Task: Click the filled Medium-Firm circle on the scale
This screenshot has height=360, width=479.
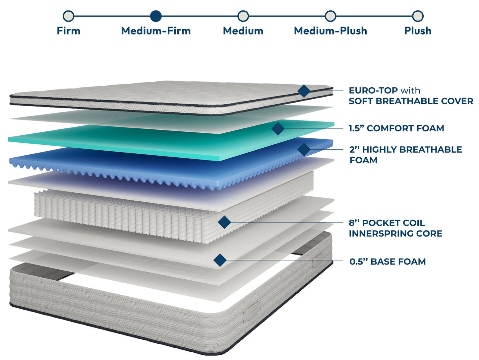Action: coord(156,16)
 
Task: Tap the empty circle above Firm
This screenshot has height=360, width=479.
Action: coord(68,16)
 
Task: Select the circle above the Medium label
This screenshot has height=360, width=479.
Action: coord(243,16)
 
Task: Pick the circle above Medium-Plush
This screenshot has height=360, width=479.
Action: coord(330,16)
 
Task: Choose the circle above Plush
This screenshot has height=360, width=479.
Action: coord(418,16)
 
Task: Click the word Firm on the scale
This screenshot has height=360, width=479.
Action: coord(68,31)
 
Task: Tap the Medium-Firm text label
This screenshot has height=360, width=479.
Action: coord(156,31)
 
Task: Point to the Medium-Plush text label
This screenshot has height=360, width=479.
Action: coord(330,31)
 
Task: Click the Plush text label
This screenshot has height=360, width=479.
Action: coord(418,31)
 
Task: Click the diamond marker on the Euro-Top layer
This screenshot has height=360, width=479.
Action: coord(304,91)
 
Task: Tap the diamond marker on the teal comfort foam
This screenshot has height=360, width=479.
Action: coord(278,128)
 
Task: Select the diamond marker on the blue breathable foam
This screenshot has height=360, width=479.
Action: coord(304,149)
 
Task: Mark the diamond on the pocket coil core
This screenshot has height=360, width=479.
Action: coord(224,222)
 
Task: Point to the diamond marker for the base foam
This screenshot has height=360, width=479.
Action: coord(220,260)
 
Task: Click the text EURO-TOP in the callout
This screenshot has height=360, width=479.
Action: coord(373,90)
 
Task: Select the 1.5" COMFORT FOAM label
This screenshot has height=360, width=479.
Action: coord(396,128)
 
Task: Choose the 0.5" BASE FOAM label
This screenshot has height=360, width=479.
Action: coord(388,261)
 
